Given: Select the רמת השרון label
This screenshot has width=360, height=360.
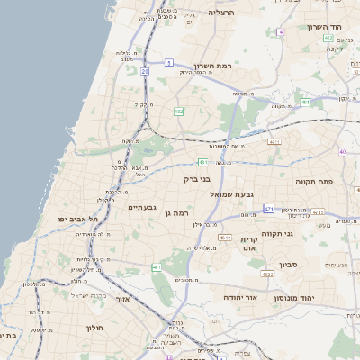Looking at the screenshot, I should click(213, 67).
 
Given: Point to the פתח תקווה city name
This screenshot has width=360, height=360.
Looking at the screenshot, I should click(313, 182).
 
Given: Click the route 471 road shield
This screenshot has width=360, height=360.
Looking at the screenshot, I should click(269, 209).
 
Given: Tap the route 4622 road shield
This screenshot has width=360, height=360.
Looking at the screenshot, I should click(267, 274).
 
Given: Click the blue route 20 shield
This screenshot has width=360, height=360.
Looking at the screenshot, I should click(144, 72).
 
